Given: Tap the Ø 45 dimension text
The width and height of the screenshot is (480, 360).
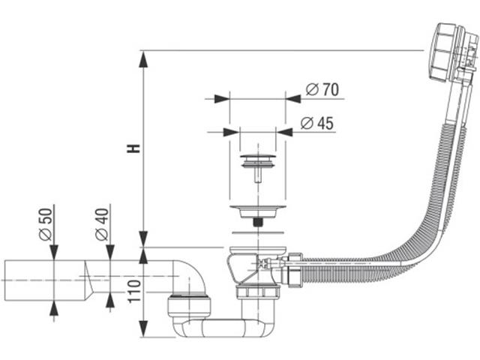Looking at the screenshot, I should click(316, 124).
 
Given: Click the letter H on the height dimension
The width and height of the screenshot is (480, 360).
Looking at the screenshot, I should click(133, 148).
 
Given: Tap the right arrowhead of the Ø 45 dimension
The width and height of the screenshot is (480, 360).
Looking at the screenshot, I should click(285, 130).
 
